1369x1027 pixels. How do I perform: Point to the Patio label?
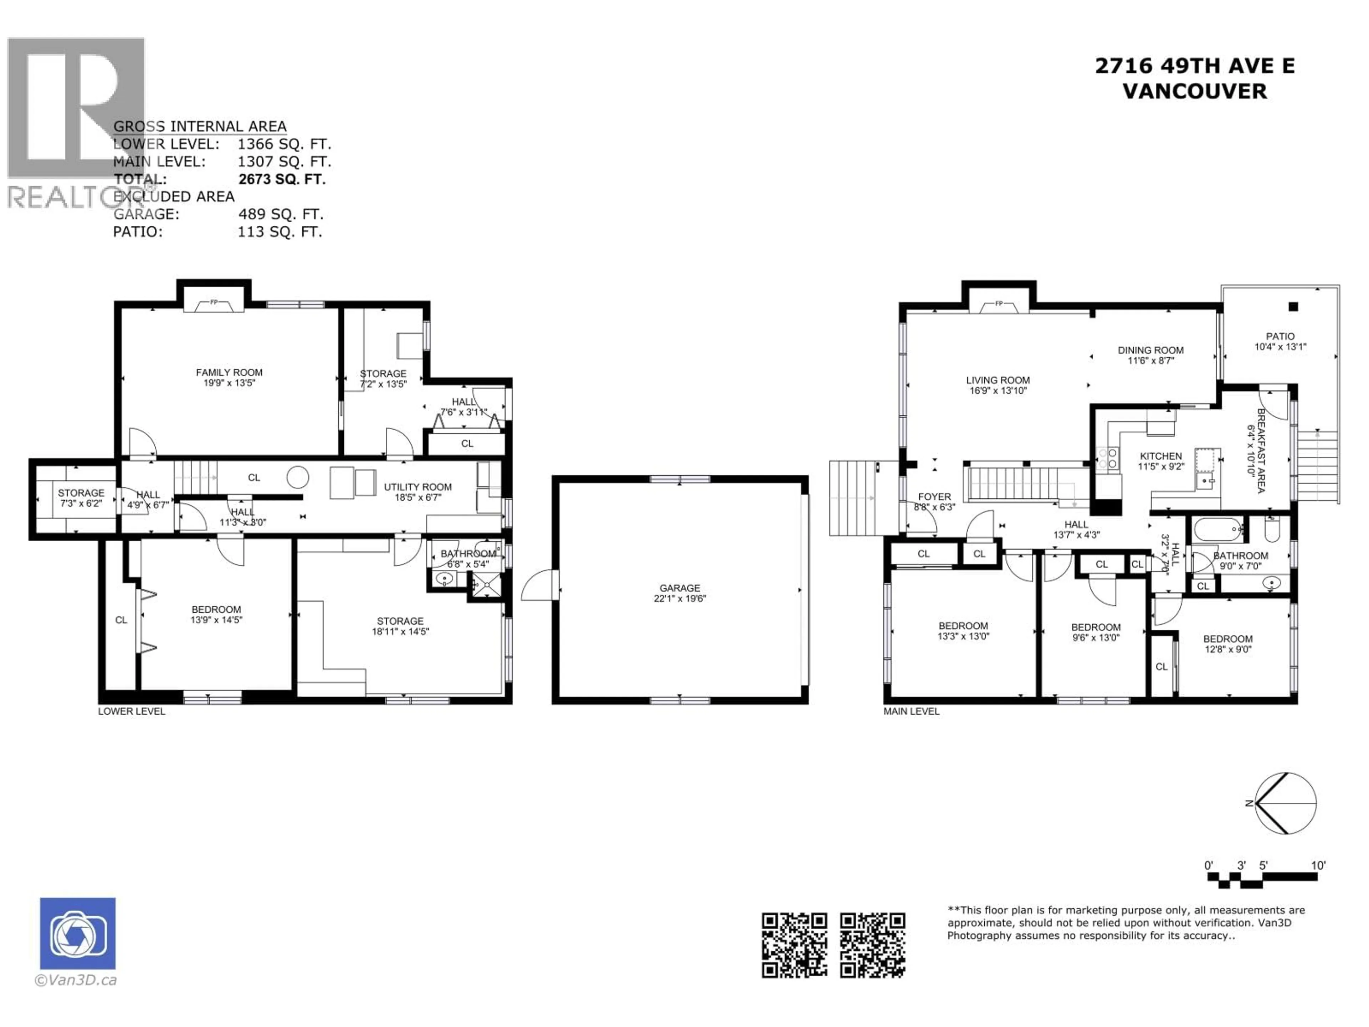pyautogui.click(x=1280, y=336)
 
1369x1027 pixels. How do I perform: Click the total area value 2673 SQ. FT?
pyautogui.click(x=282, y=179)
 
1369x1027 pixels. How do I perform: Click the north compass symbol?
pyautogui.click(x=1285, y=803)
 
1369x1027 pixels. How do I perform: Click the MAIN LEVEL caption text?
pyautogui.click(x=911, y=711)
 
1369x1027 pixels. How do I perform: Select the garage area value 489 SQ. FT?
pyautogui.click(x=280, y=214)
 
